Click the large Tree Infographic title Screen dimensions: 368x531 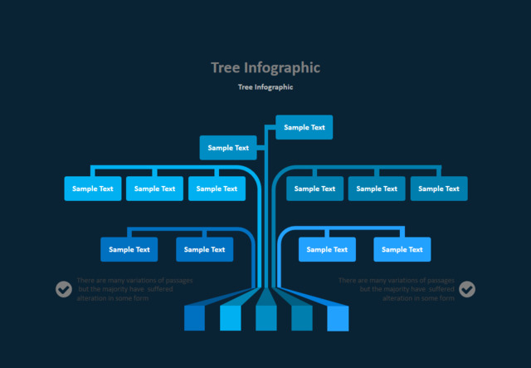coord(265,68)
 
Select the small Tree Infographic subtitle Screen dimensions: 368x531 coord(265,86)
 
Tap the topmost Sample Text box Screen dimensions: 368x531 coord(304,127)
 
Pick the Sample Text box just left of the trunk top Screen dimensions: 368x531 coord(228,148)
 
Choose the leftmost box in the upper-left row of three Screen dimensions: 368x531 coord(93,189)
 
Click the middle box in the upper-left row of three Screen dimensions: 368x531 coord(155,189)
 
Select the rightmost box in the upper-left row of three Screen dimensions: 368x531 coord(217,189)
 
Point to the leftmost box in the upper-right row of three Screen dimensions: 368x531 coord(315,189)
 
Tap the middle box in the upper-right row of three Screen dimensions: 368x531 coord(378,189)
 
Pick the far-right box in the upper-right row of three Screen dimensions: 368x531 coord(439,189)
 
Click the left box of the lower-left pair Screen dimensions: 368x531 coord(129,249)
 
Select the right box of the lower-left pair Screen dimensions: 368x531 coord(205,249)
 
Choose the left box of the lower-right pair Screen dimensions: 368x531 coord(328,249)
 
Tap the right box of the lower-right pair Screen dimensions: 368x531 coord(402,249)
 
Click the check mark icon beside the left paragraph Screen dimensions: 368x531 coord(64,289)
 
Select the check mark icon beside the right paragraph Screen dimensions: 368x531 coord(468,289)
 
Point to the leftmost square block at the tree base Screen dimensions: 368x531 coord(194,318)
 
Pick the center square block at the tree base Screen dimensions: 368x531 coord(266,318)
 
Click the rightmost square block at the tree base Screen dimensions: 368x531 coord(339,318)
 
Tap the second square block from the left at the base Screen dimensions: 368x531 coord(230,318)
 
